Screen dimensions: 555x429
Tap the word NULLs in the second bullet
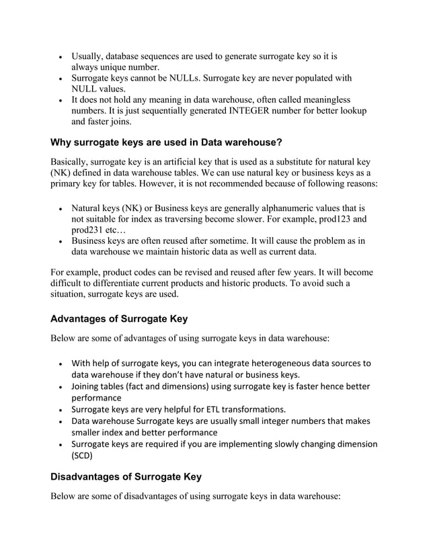190,79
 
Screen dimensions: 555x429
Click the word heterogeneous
285,363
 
